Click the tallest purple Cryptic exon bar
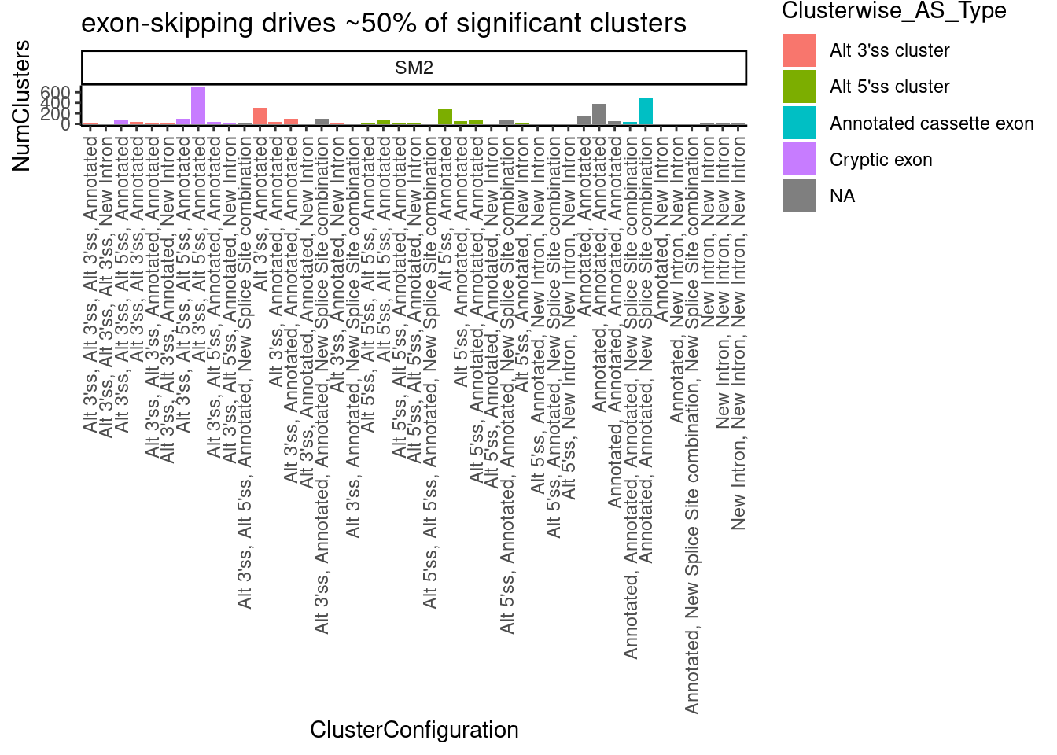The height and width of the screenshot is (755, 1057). pyautogui.click(x=198, y=106)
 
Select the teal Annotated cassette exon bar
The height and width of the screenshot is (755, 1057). pyautogui.click(x=646, y=111)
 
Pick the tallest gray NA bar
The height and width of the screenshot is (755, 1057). pyautogui.click(x=599, y=114)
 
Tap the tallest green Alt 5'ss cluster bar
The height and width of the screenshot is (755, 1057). pyautogui.click(x=445, y=116)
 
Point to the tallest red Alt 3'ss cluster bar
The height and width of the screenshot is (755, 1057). pyautogui.click(x=260, y=116)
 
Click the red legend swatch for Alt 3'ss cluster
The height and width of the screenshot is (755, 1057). pyautogui.click(x=799, y=50)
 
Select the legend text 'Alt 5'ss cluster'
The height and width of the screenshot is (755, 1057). pyautogui.click(x=889, y=87)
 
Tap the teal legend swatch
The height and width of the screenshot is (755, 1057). pyautogui.click(x=799, y=123)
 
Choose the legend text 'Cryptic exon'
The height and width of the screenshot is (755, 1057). pyautogui.click(x=881, y=160)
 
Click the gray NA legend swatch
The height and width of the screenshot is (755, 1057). pyautogui.click(x=799, y=196)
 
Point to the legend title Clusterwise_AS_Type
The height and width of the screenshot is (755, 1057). pyautogui.click(x=894, y=11)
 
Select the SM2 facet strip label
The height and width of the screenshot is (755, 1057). pyautogui.click(x=414, y=68)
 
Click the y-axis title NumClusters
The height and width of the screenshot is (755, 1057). pyautogui.click(x=21, y=105)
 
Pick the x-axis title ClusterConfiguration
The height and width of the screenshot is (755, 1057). pyautogui.click(x=414, y=730)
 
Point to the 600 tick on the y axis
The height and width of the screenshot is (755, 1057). pyautogui.click(x=61, y=93)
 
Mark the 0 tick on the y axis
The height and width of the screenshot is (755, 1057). pyautogui.click(x=66, y=123)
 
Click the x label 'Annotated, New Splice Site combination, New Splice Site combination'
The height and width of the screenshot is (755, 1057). pyautogui.click(x=692, y=425)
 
